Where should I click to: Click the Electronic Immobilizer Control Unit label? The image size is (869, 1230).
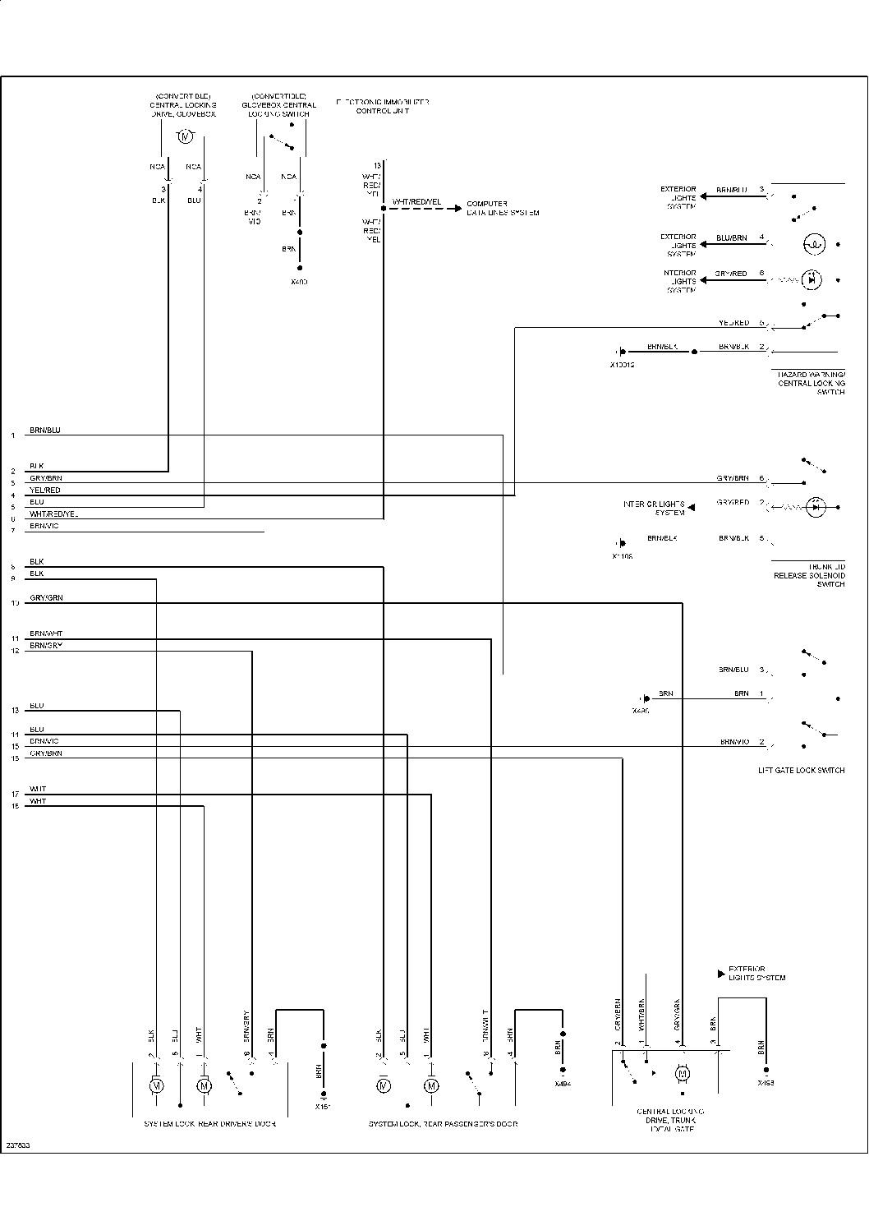tap(382, 106)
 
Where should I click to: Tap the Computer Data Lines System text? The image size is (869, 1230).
tap(502, 208)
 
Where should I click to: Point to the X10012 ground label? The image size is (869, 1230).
tap(622, 364)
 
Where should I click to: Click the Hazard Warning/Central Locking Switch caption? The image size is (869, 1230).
tap(811, 383)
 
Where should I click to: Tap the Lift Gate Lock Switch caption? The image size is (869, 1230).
tap(801, 771)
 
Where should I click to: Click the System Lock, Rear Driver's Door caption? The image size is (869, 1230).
tap(209, 1123)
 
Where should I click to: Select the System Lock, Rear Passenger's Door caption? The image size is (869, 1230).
tap(443, 1123)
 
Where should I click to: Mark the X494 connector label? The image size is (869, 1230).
tap(563, 1084)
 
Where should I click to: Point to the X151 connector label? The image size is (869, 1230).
tap(323, 1106)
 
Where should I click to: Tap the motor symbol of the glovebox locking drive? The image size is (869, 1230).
tap(185, 136)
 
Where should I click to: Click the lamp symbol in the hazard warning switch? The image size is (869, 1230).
tap(813, 244)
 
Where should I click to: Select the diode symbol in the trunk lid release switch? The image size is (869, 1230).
tap(815, 508)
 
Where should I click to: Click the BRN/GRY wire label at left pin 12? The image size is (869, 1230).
tap(46, 646)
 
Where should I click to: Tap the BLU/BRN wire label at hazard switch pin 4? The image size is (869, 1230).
tap(731, 238)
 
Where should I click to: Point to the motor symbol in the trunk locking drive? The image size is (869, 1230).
tap(682, 1073)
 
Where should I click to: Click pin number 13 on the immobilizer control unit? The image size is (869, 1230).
tap(377, 166)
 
